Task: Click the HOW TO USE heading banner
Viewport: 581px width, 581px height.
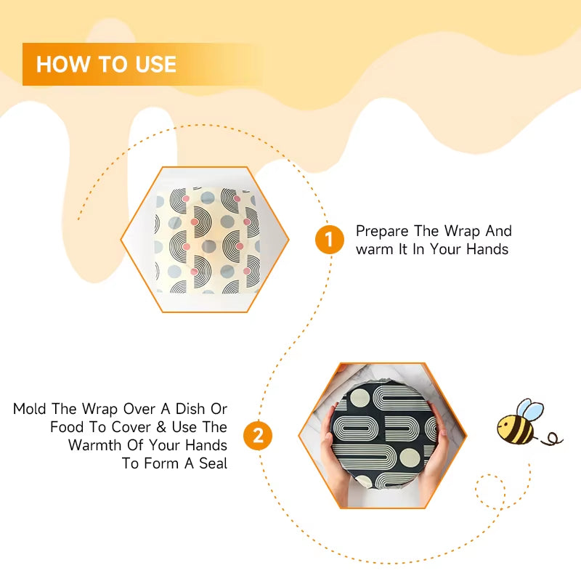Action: tap(138, 65)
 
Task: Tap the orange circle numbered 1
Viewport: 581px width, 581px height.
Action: tap(329, 240)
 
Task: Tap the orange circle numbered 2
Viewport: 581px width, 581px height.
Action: tap(258, 436)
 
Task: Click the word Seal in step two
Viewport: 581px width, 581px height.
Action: tap(211, 463)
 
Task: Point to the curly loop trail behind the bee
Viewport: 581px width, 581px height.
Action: tap(553, 438)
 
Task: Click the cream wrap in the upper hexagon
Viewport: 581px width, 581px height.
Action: tap(205, 240)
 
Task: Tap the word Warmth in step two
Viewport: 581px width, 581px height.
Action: tap(100, 445)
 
